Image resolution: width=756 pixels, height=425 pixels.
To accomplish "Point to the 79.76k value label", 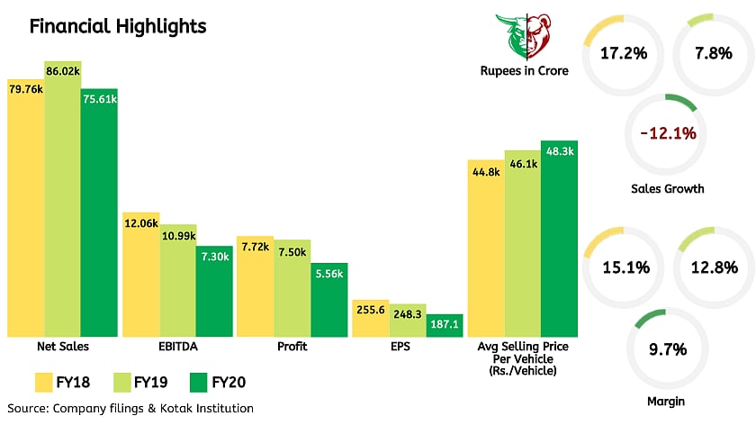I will (26, 89).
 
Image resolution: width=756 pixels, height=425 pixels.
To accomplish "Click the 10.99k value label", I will (177, 234).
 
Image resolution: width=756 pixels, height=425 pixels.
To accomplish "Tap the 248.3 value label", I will (408, 314).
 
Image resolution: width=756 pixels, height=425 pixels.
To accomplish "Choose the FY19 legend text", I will (150, 383).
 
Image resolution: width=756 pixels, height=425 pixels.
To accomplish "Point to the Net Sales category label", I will (61, 346).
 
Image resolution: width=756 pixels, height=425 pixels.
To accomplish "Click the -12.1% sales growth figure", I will (668, 133).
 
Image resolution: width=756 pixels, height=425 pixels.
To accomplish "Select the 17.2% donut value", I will (624, 53).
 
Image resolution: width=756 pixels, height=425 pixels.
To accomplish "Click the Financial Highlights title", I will (118, 26).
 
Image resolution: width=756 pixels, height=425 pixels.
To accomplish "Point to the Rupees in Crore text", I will (525, 71).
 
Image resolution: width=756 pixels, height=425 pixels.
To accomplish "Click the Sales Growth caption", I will (668, 189).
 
